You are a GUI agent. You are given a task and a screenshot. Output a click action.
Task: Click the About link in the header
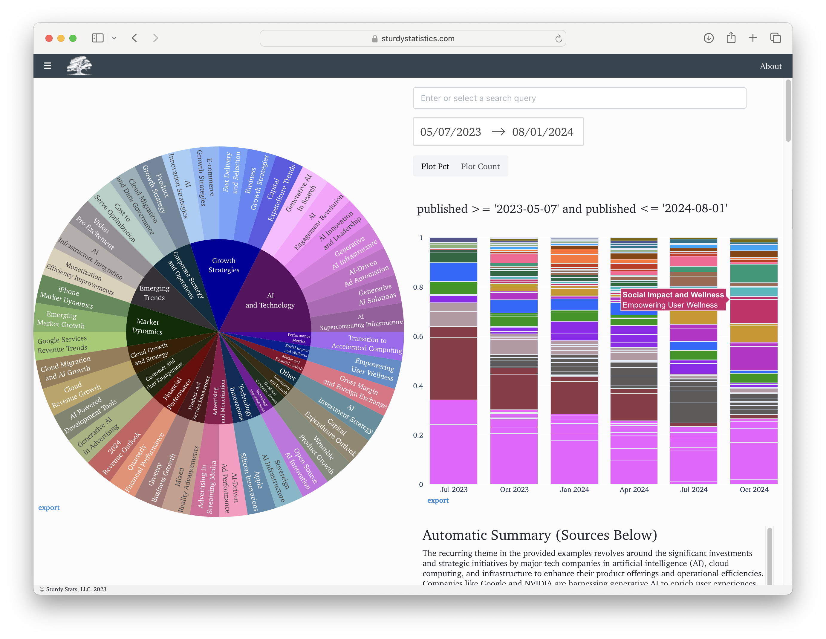point(770,66)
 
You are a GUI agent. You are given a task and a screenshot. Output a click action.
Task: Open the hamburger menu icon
point(48,66)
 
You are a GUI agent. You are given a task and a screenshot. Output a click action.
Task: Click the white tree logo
point(79,65)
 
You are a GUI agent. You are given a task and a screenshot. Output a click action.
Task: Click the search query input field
point(579,98)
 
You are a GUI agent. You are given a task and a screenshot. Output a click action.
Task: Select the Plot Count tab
point(480,166)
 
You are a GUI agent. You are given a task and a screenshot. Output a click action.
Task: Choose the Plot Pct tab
point(435,166)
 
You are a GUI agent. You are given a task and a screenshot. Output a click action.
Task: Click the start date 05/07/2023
point(450,132)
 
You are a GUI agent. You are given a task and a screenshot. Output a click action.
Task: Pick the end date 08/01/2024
point(542,132)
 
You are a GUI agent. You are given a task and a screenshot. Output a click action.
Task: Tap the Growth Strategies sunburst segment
point(224,265)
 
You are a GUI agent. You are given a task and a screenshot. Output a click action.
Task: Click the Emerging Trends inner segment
point(154,293)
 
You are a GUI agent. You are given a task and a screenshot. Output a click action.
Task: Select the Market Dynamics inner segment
point(148,326)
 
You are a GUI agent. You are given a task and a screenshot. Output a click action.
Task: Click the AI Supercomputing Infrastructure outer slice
point(361,322)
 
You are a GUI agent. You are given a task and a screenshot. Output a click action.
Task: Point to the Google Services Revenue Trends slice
point(62,344)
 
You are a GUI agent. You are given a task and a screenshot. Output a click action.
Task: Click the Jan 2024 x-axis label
point(574,490)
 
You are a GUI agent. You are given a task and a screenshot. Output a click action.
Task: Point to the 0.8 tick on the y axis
point(418,288)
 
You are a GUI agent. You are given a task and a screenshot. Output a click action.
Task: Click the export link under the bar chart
point(438,501)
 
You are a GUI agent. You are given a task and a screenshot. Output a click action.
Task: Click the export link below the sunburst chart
point(49,508)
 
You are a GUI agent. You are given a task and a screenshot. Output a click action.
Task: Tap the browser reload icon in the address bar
point(558,39)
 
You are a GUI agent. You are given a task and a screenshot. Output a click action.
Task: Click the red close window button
point(49,38)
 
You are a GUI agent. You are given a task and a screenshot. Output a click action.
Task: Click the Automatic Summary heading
point(539,535)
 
